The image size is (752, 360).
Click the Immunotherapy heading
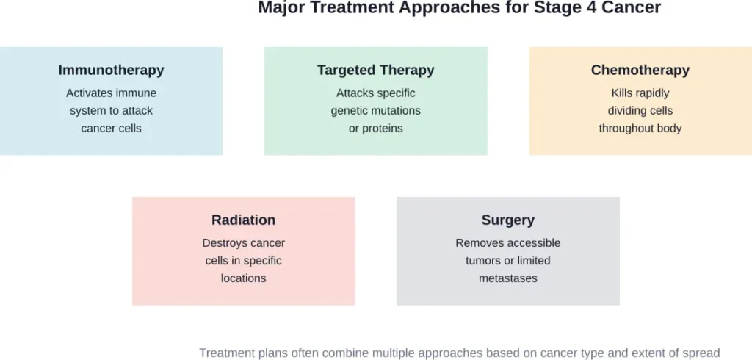(x=111, y=71)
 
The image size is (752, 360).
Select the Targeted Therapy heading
(x=375, y=71)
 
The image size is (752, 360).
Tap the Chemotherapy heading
(x=640, y=71)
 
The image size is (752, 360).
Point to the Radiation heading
(x=243, y=220)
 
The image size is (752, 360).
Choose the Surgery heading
(x=507, y=220)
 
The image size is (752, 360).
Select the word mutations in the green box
(x=397, y=111)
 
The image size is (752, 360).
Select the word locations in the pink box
(x=243, y=278)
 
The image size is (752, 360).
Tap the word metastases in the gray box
(x=507, y=278)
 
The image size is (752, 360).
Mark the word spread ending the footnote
(x=701, y=353)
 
